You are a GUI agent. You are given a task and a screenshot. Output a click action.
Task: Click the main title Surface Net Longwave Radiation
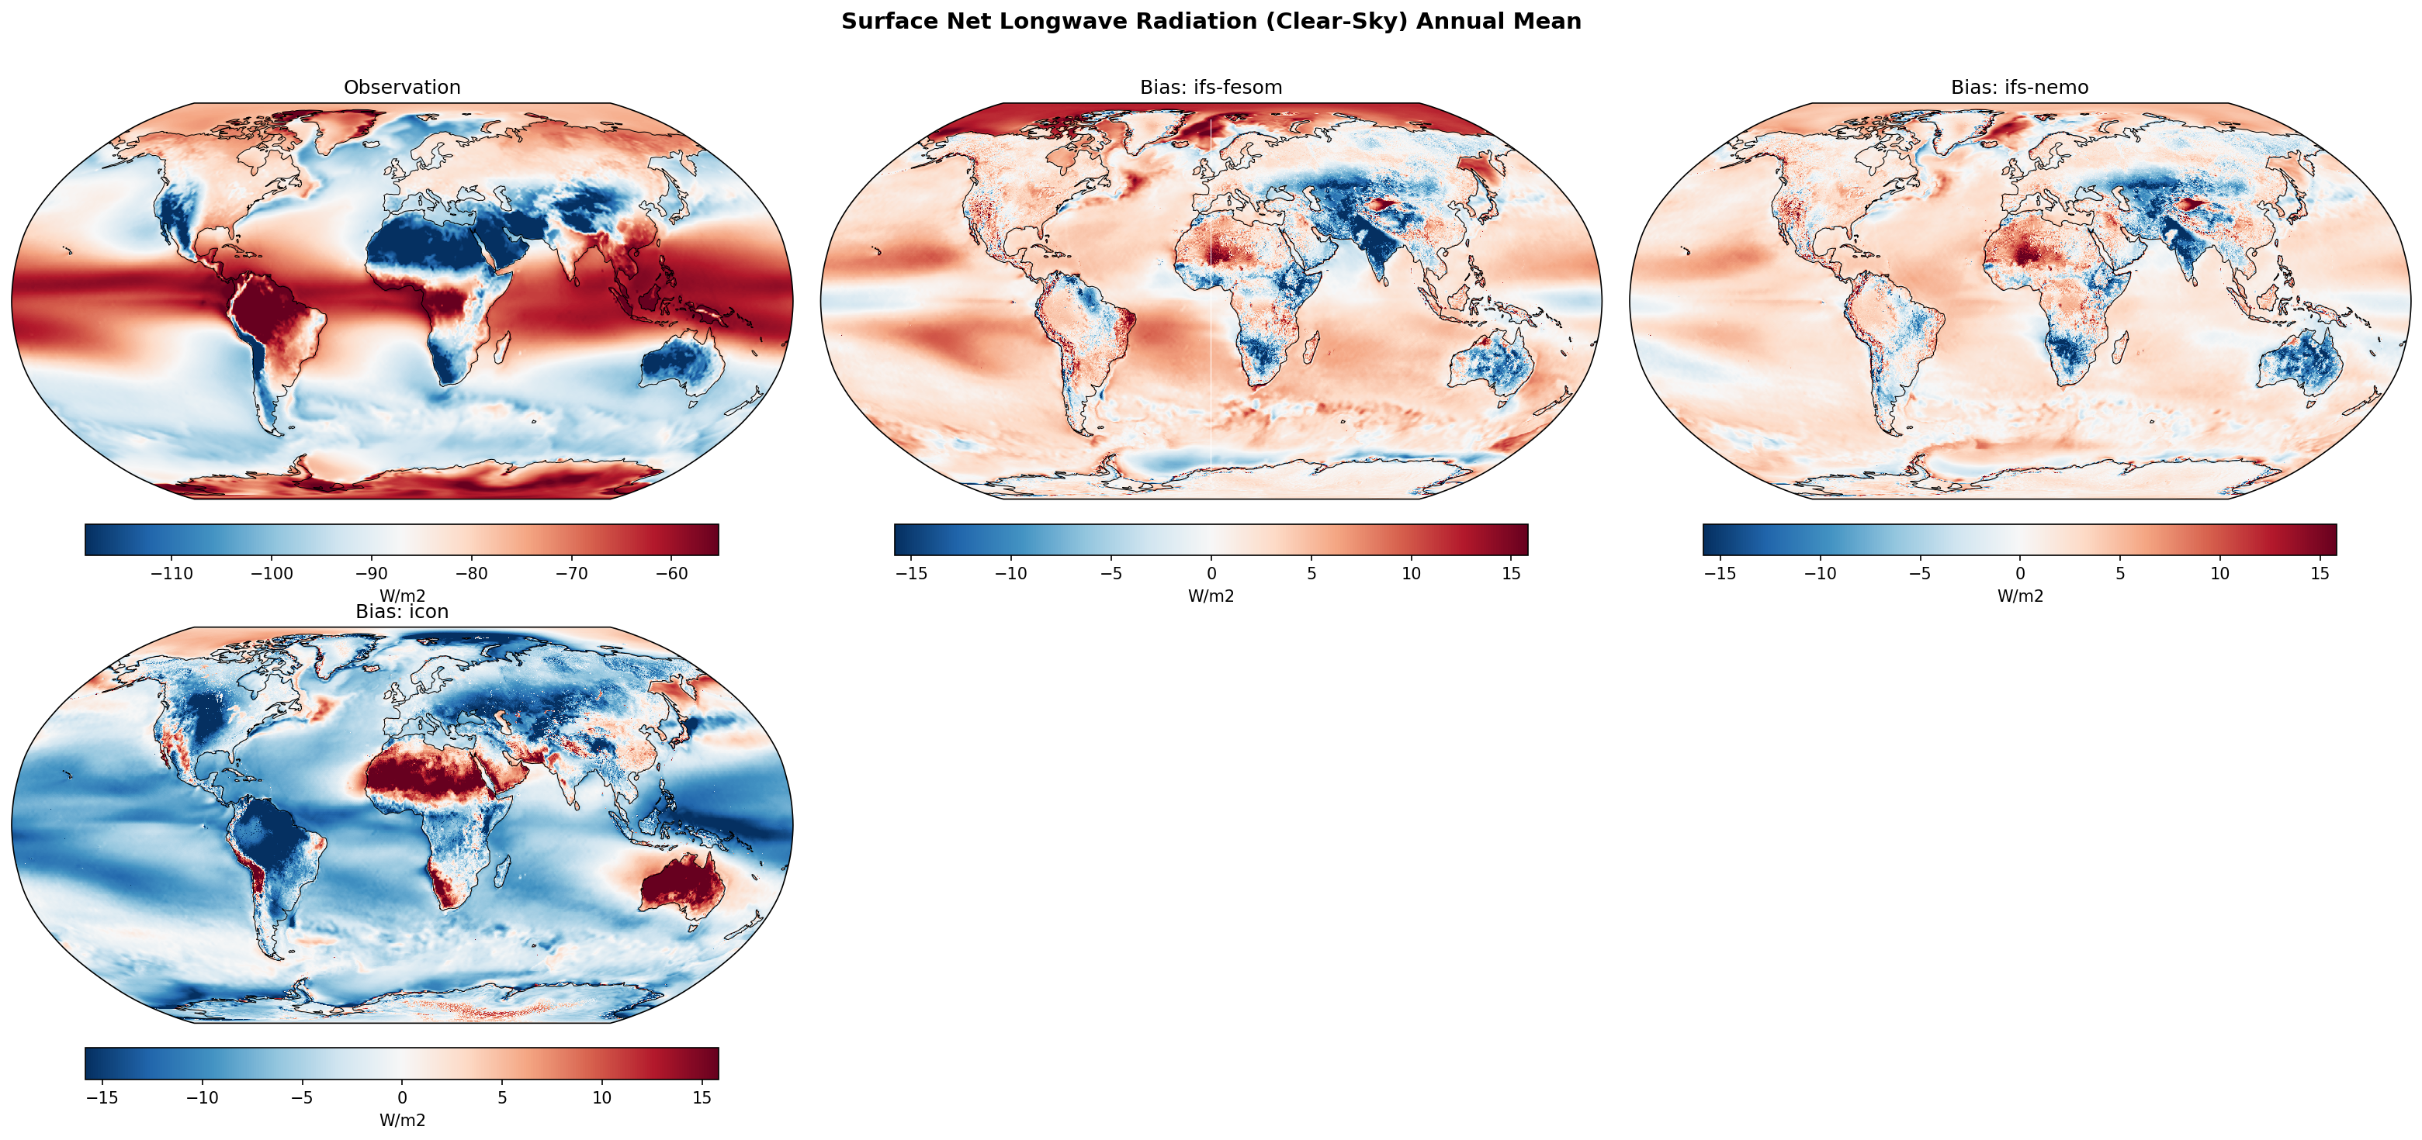click(1211, 22)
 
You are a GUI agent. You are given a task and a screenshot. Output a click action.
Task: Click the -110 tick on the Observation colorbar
click(172, 574)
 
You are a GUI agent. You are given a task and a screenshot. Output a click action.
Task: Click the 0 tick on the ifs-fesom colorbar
click(1211, 573)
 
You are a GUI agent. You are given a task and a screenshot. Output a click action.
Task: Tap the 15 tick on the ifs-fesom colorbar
click(1511, 573)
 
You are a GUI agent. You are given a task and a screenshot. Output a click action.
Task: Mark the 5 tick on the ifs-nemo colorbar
click(2120, 573)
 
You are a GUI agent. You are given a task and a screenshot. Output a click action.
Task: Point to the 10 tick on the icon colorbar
click(601, 1097)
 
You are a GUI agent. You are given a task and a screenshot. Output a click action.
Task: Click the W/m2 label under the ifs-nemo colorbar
click(2019, 596)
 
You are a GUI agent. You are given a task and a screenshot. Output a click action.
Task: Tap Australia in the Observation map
click(684, 363)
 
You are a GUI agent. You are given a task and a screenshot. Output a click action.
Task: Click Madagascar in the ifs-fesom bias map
click(1310, 350)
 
